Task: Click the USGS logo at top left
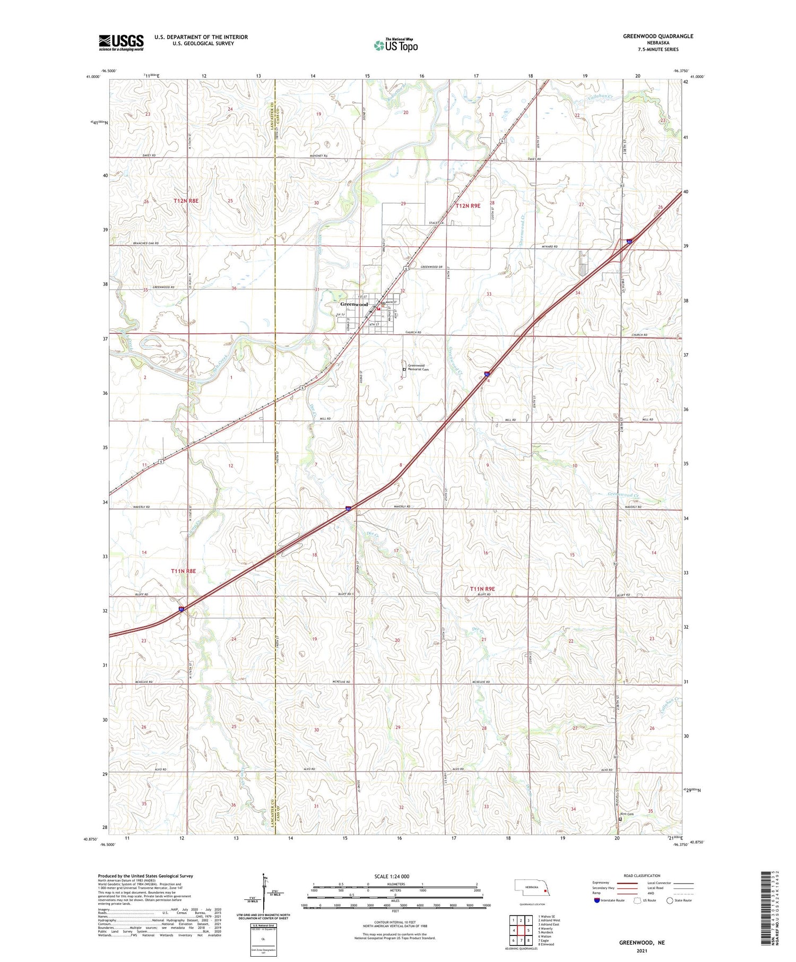click(121, 42)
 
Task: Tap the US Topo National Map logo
click(395, 45)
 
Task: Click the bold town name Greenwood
click(354, 305)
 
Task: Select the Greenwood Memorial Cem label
click(418, 367)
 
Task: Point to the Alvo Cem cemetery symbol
click(620, 819)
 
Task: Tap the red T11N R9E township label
click(482, 589)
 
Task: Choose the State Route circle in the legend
click(670, 900)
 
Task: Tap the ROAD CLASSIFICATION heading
click(642, 876)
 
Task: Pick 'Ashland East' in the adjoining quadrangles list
click(549, 924)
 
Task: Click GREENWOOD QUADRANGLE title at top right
click(658, 37)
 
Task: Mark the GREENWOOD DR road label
click(431, 267)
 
